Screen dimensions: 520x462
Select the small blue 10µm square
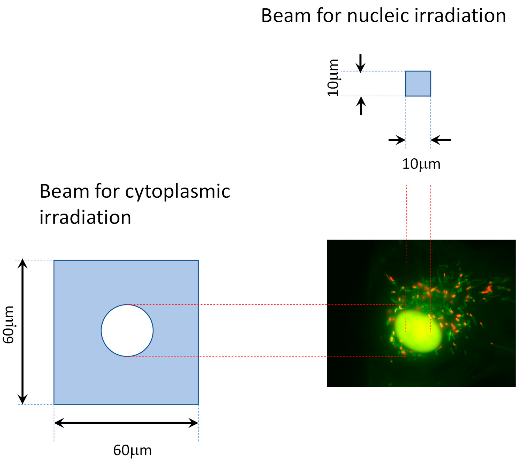pyautogui.click(x=418, y=84)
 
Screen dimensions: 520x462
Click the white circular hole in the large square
pyautogui.click(x=127, y=330)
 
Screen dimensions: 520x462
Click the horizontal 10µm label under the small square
pyautogui.click(x=421, y=164)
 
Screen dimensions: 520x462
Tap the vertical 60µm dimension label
pyautogui.click(x=9, y=325)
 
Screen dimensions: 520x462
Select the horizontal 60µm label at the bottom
pyautogui.click(x=132, y=450)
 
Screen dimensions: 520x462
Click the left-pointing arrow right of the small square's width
pyautogui.click(x=441, y=140)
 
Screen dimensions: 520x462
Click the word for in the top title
pyautogui.click(x=329, y=16)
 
